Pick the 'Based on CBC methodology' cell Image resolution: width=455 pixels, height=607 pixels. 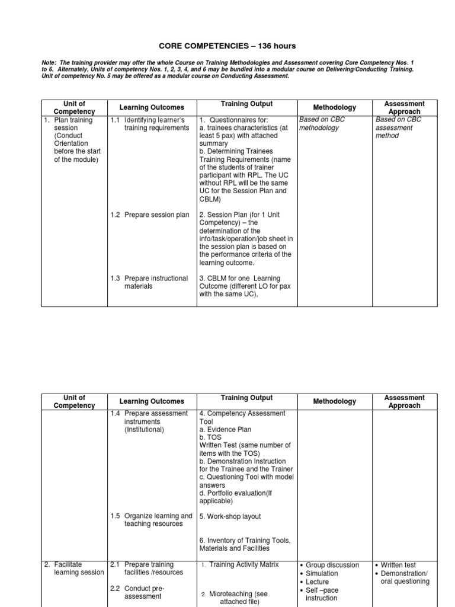click(x=322, y=124)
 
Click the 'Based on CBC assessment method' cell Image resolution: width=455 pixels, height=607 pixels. click(x=398, y=127)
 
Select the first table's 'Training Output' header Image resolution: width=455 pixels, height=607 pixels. click(x=246, y=104)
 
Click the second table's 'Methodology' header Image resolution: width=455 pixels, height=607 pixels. click(x=335, y=401)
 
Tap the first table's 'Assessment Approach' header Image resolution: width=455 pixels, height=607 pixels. click(x=405, y=107)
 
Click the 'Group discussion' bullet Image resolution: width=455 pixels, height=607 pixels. click(x=333, y=565)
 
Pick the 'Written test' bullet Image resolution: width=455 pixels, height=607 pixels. click(x=402, y=565)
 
